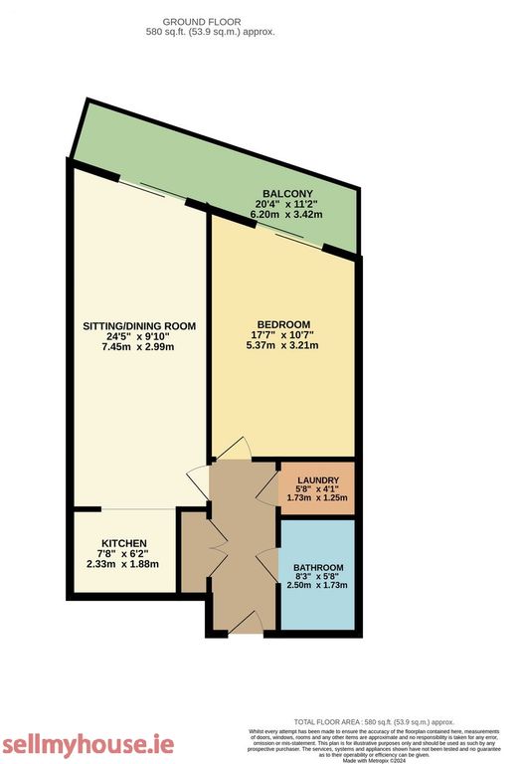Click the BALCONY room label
[x=287, y=194]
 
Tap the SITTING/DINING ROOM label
[x=138, y=326]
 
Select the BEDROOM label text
[x=283, y=324]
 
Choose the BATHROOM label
[x=318, y=568]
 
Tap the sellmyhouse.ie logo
[x=87, y=744]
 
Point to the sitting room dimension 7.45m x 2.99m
[x=138, y=346]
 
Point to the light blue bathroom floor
[x=318, y=612]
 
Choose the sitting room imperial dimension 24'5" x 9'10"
[x=138, y=336]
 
